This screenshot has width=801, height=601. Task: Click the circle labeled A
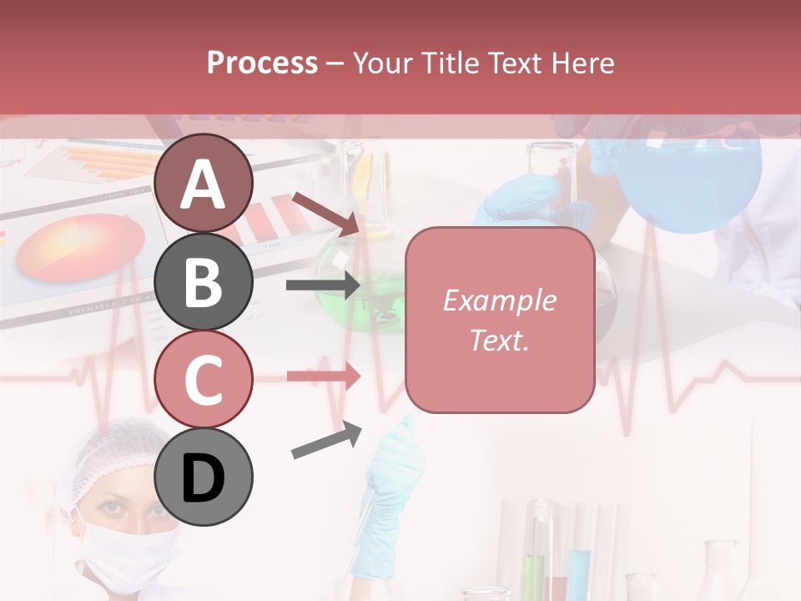click(x=204, y=184)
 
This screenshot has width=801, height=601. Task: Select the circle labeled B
click(x=204, y=281)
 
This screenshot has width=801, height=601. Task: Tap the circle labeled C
click(x=204, y=379)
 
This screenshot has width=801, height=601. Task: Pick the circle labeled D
click(x=204, y=477)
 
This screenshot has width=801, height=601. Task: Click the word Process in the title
click(x=262, y=63)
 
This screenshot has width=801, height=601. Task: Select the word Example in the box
click(x=499, y=300)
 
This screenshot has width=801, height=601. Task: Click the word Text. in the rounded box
click(x=499, y=340)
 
